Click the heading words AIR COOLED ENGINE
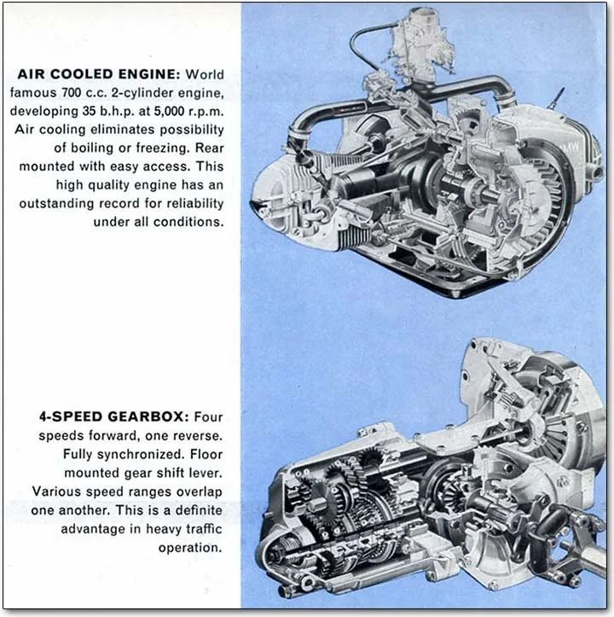[101, 74]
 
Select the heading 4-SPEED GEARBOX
[113, 417]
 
